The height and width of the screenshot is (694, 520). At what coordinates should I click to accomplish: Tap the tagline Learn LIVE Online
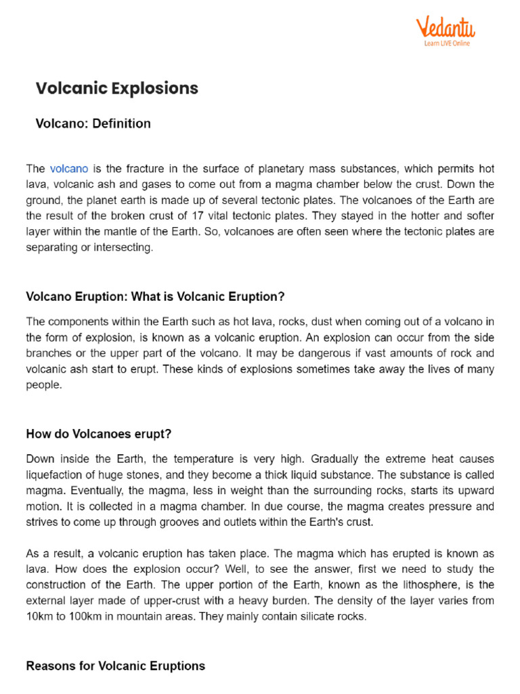pos(447,43)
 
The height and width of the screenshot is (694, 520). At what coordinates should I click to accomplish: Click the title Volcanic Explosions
pos(116,88)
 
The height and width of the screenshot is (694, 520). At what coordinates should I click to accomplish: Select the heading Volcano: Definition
pos(93,123)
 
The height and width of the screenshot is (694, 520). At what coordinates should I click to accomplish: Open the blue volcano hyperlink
pos(68,168)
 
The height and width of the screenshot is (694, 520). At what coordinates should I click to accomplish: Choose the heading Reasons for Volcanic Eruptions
pos(115,666)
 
